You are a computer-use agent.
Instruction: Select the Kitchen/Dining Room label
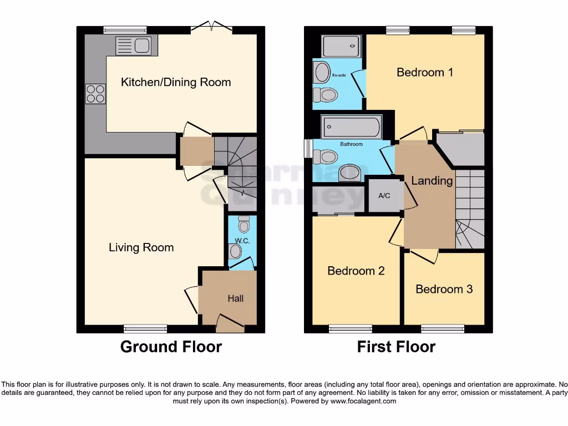(x=176, y=83)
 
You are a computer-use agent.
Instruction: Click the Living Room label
(x=141, y=247)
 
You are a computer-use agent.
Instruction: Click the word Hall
(x=235, y=298)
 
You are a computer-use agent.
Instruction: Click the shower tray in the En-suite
(x=341, y=46)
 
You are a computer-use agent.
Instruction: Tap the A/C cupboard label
(x=384, y=196)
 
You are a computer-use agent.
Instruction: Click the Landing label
(x=432, y=181)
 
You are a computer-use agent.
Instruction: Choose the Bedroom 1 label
(x=425, y=72)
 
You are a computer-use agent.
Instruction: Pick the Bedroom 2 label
(x=356, y=271)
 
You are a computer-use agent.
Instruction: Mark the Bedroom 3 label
(x=444, y=289)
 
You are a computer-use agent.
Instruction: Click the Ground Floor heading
(x=171, y=347)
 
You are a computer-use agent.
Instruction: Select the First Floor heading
(x=396, y=347)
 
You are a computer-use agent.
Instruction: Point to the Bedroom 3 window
(x=443, y=328)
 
